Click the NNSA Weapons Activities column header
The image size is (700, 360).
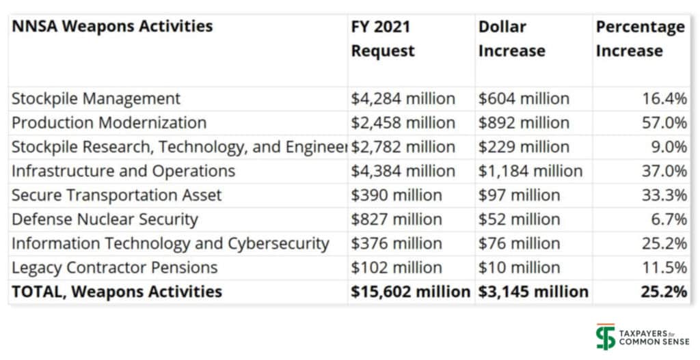112,27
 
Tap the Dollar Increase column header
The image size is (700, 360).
511,39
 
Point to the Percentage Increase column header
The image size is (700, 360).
640,39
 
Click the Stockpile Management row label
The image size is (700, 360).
96,98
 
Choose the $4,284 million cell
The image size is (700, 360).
403,98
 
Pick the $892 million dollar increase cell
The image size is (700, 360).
524,123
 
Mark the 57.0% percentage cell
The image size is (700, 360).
664,123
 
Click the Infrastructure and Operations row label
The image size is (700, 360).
123,171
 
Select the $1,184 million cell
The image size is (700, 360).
530,171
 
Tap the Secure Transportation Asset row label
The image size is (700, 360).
116,195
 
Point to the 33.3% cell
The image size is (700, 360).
664,195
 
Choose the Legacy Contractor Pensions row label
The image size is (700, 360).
114,267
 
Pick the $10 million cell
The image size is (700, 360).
519,267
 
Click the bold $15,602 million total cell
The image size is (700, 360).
410,292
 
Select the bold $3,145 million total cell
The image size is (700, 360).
533,292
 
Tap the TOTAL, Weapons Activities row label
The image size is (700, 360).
116,292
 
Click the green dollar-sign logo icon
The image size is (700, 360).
605,337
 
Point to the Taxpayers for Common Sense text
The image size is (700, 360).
654,337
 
